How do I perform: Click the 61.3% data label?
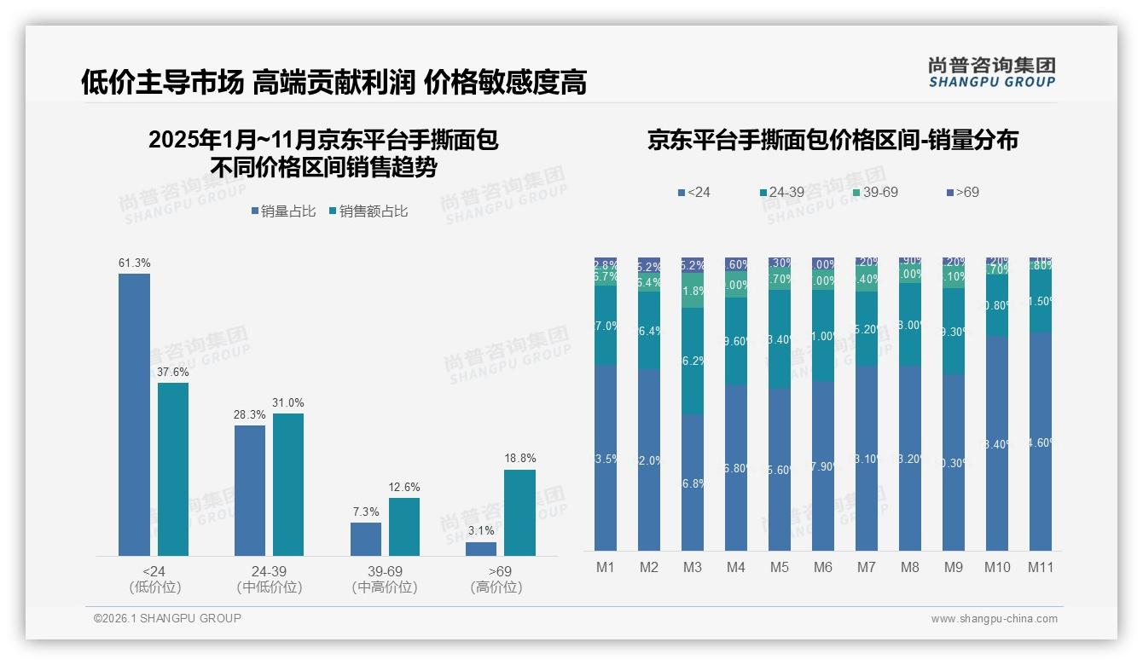(134, 263)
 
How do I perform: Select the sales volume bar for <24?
(134, 414)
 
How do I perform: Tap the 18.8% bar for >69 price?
(519, 512)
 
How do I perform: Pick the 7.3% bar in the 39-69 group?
(366, 539)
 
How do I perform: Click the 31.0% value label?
(288, 402)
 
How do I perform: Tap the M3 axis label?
(693, 568)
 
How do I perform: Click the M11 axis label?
(1040, 568)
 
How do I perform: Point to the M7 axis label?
(867, 568)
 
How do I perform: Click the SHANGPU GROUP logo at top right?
(991, 72)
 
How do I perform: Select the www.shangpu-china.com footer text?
(994, 619)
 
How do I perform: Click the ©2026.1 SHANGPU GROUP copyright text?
(167, 618)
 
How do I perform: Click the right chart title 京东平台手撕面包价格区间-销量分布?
(833, 140)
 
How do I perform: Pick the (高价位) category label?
(496, 587)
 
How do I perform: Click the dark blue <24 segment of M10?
(996, 443)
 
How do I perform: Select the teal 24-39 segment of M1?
(606, 325)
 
